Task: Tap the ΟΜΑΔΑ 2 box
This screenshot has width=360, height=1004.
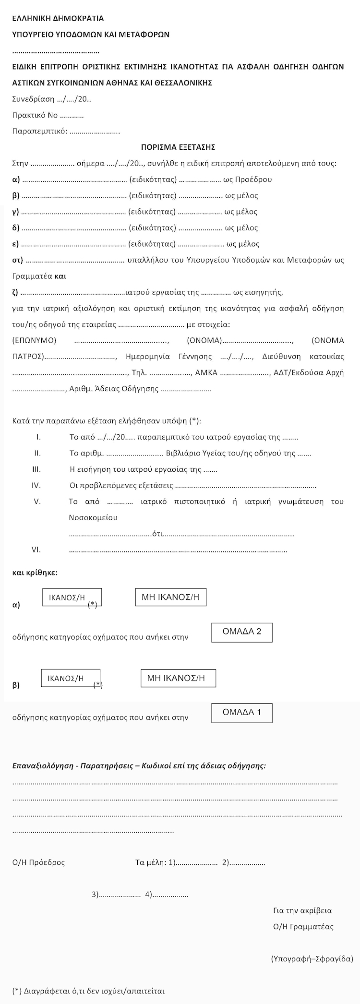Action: (242, 632)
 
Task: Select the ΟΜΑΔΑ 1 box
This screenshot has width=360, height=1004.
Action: (242, 713)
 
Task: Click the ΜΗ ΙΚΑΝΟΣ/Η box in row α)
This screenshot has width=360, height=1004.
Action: (170, 598)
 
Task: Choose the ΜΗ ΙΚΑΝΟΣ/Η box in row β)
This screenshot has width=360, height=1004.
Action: (178, 678)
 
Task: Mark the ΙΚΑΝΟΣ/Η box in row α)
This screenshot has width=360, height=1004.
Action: (72, 598)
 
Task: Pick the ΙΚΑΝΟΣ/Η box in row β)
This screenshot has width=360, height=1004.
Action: (71, 678)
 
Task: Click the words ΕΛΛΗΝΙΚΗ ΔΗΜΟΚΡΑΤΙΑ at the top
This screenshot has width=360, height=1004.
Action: (58, 19)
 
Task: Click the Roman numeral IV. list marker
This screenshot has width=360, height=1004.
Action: (36, 485)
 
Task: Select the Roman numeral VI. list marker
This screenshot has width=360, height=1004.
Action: (36, 550)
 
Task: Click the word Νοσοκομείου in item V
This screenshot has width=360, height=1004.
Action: (93, 518)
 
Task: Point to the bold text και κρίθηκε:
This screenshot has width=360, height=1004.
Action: (35, 573)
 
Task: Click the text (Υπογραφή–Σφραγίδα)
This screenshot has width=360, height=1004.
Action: (312, 959)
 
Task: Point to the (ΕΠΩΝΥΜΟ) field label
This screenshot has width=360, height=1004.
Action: (34, 340)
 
